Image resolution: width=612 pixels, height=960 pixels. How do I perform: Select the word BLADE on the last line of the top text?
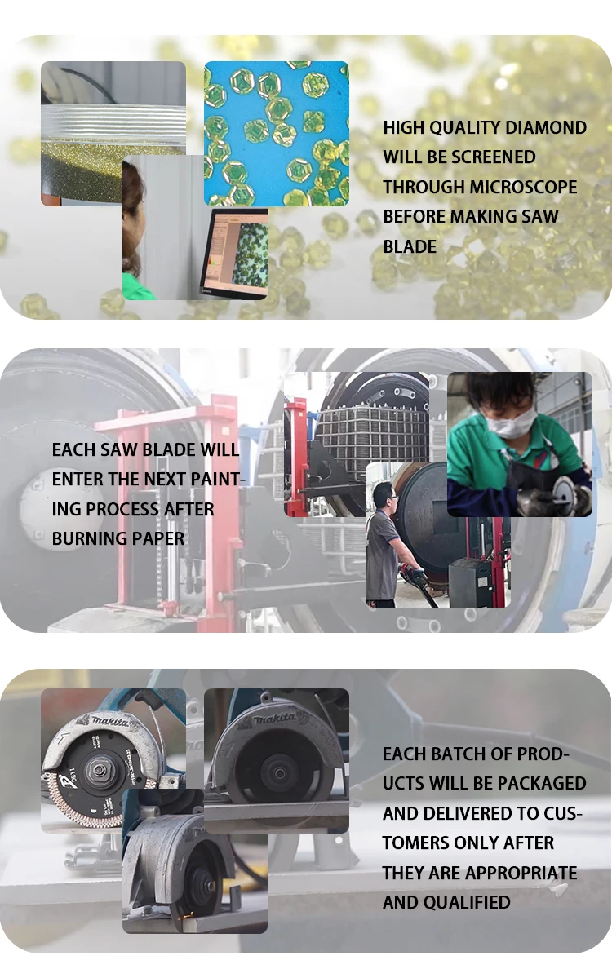[410, 247]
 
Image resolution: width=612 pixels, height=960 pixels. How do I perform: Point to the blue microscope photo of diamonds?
[277, 134]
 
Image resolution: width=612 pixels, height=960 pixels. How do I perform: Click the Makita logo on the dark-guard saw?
[274, 718]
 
